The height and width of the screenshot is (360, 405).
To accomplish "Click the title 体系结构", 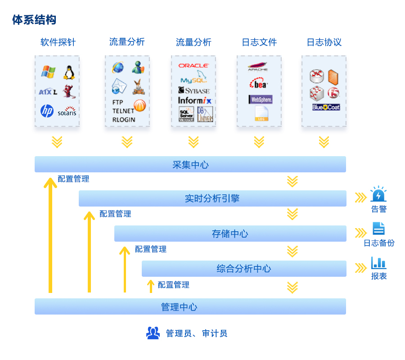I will click(34, 20).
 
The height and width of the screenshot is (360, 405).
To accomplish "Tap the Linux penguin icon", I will click(69, 72).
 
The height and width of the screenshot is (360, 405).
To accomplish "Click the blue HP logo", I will click(47, 111).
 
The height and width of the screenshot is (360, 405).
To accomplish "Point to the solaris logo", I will click(67, 112).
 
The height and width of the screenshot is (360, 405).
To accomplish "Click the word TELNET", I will click(123, 111).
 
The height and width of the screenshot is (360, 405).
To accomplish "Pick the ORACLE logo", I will click(193, 66).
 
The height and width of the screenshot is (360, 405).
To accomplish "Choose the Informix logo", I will click(194, 100).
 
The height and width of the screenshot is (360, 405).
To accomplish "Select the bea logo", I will click(259, 84).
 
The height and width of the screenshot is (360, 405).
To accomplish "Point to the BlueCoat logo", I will click(326, 108).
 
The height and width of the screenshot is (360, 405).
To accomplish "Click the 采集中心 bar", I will click(190, 164).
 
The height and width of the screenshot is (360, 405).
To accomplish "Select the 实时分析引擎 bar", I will click(212, 198).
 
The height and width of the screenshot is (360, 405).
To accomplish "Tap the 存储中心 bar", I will click(230, 234).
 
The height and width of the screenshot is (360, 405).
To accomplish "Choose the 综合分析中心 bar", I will click(244, 269).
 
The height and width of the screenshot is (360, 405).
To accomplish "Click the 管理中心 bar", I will click(190, 306).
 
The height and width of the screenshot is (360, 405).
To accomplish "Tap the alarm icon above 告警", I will click(378, 194).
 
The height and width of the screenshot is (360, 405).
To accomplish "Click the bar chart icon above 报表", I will click(378, 263).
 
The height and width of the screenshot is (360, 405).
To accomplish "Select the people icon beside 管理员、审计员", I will click(153, 333).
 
